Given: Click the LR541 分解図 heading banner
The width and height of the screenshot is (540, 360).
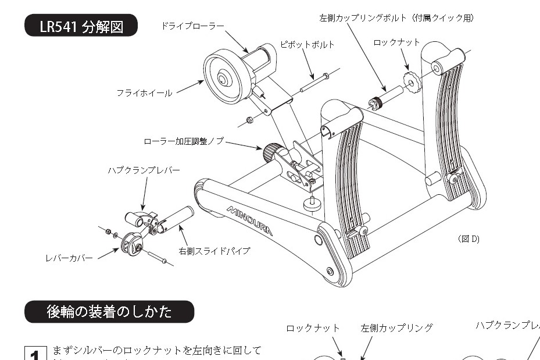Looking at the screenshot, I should [x=81, y=26].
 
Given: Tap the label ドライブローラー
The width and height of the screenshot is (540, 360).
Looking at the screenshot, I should [x=192, y=26].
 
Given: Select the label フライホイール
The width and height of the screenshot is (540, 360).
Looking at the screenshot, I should [x=144, y=92].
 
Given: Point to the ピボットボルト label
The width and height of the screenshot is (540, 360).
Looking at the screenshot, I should [x=307, y=44].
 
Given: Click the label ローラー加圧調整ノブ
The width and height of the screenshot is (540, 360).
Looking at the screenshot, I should [x=184, y=141].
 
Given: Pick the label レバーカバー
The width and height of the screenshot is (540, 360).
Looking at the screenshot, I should [x=69, y=257].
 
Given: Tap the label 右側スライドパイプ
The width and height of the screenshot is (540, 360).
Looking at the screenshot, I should [x=214, y=251].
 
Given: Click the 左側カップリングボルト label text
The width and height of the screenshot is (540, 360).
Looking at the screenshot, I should [x=396, y=18].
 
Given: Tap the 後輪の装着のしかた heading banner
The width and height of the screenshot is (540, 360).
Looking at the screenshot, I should [x=109, y=312].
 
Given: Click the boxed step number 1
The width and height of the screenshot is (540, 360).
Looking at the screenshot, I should [x=35, y=354].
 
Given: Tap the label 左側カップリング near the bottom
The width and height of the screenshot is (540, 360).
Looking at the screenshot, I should [x=396, y=328].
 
